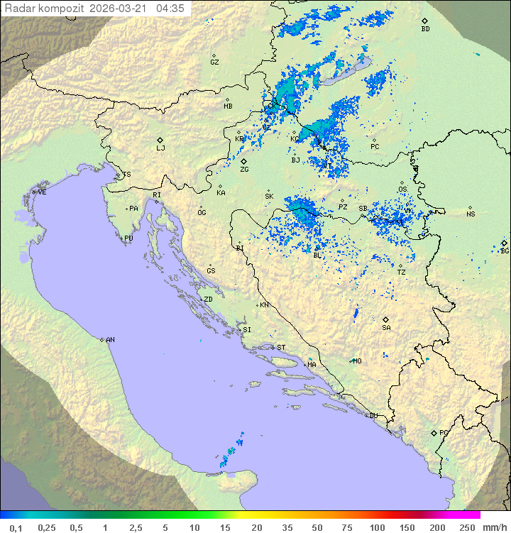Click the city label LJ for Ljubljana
tap(161, 148)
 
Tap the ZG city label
tap(244, 170)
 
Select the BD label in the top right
tap(425, 29)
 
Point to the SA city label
tap(386, 328)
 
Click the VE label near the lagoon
tap(42, 192)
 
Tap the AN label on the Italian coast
tap(110, 340)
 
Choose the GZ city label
tap(214, 62)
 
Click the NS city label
tap(471, 214)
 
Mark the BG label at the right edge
tap(505, 251)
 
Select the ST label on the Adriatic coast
tap(281, 348)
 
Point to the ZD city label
tap(208, 300)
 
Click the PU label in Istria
tap(128, 238)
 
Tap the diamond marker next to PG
tap(434, 432)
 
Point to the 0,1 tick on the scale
tap(16, 527)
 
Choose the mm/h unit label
tap(495, 527)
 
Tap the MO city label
tap(357, 361)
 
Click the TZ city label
tap(402, 272)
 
